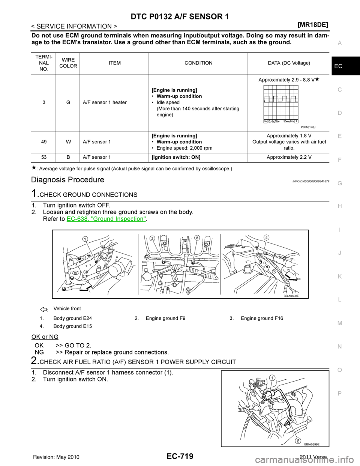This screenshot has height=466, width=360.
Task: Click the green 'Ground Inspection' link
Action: (x=106, y=218)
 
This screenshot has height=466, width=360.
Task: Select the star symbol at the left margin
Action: (x=34, y=167)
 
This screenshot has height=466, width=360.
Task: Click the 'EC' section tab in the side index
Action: (x=339, y=66)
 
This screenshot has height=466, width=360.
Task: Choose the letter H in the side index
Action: (x=339, y=206)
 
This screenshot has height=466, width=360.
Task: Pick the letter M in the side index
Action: (x=339, y=323)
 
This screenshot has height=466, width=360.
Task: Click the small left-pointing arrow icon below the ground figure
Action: (x=43, y=310)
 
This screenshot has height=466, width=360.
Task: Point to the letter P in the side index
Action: (x=339, y=392)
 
